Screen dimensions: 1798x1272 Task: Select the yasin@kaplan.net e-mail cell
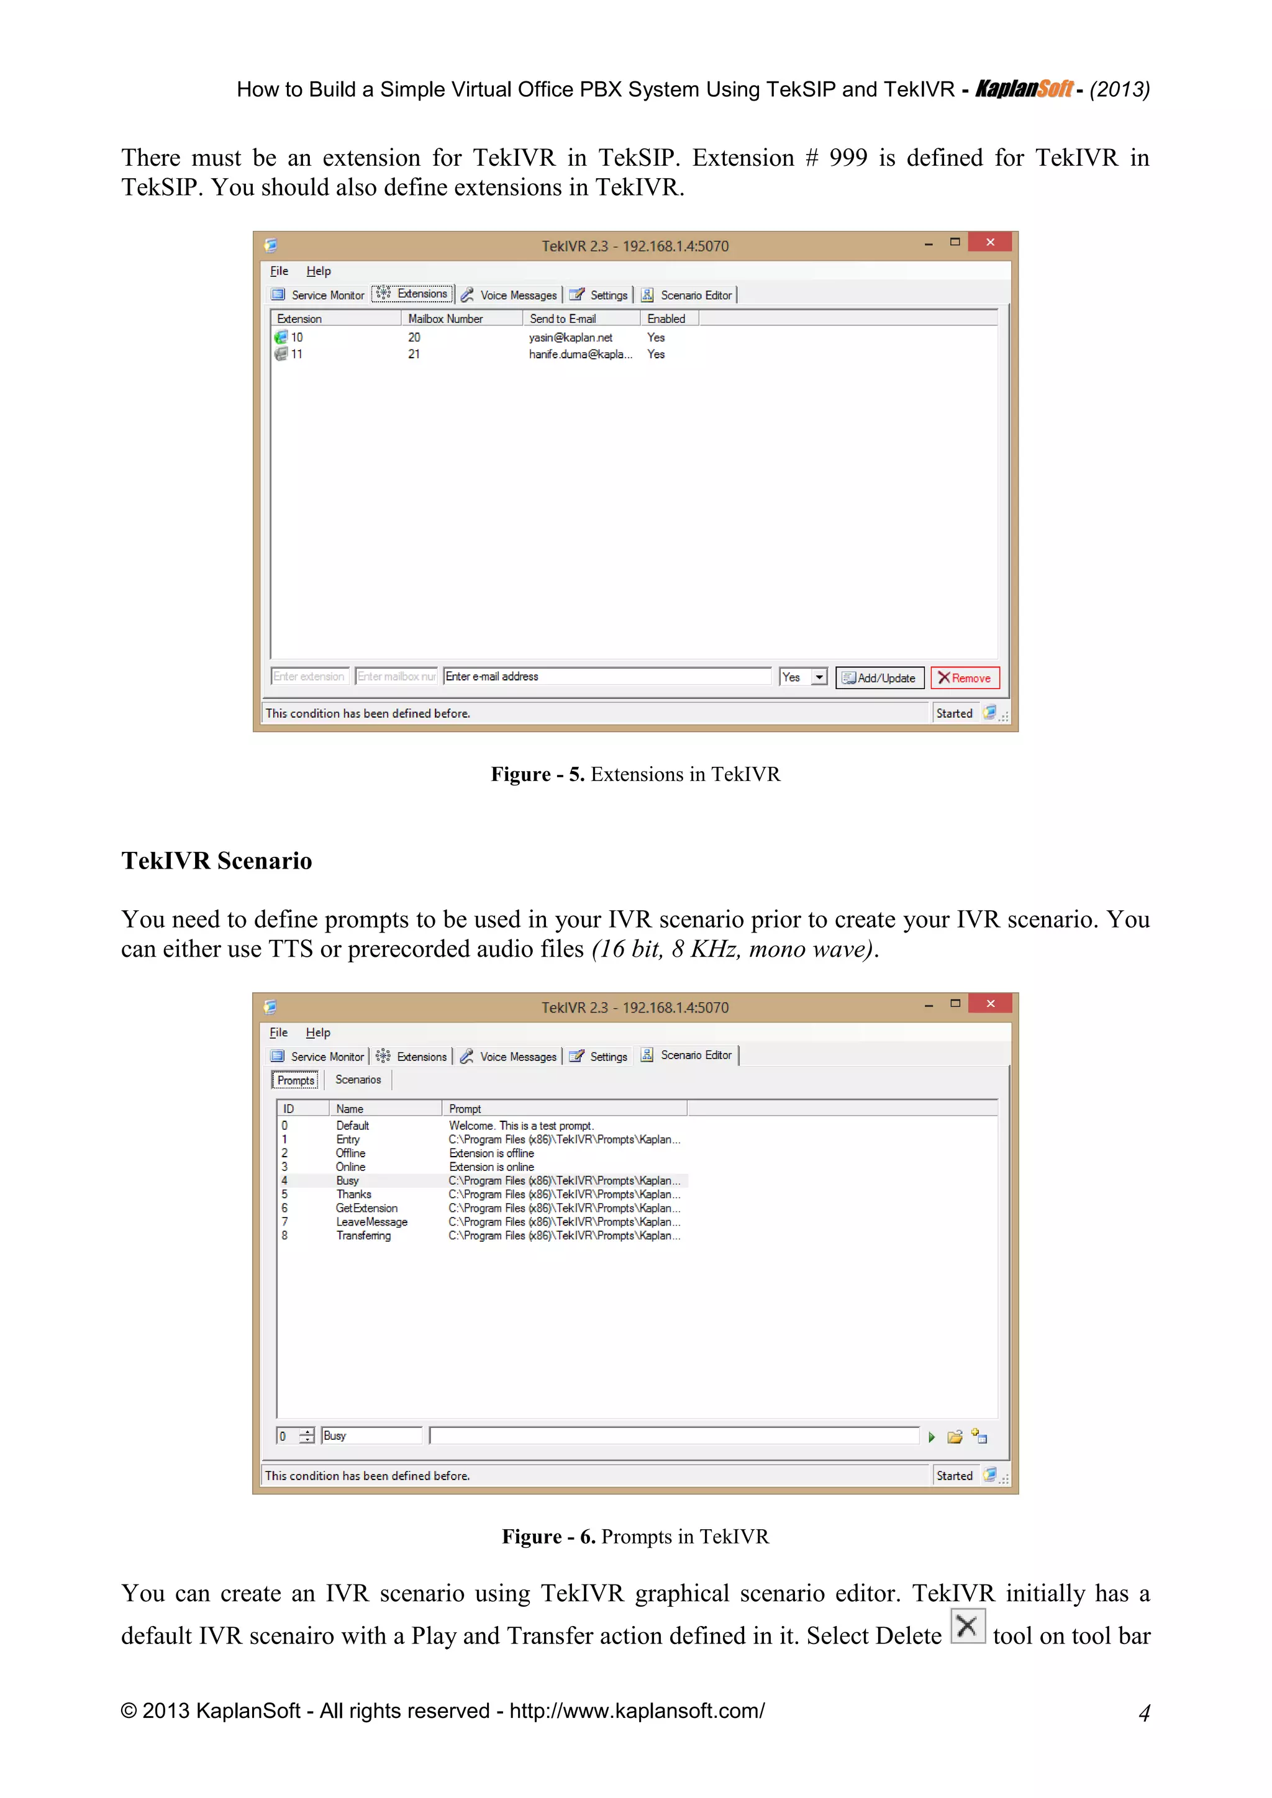[570, 338]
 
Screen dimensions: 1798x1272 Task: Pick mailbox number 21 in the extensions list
[414, 354]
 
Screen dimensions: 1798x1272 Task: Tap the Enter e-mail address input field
[607, 677]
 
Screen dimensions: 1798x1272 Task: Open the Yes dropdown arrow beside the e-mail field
[819, 677]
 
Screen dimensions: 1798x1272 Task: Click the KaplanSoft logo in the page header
[1024, 89]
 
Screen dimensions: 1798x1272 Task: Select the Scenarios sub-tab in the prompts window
[358, 1080]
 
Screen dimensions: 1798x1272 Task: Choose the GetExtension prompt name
[366, 1208]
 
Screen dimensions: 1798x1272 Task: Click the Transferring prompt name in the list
[363, 1236]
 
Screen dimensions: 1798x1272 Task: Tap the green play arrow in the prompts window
[931, 1437]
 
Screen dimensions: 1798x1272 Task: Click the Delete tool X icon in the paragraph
[967, 1627]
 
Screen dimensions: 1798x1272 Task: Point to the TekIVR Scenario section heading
[216, 861]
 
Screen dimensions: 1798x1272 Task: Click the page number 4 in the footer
[1144, 1713]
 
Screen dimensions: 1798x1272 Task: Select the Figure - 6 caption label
[548, 1537]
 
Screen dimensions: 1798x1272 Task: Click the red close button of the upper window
[990, 242]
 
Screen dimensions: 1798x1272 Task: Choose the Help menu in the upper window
[318, 271]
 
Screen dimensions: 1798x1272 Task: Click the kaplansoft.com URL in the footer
[637, 1711]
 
